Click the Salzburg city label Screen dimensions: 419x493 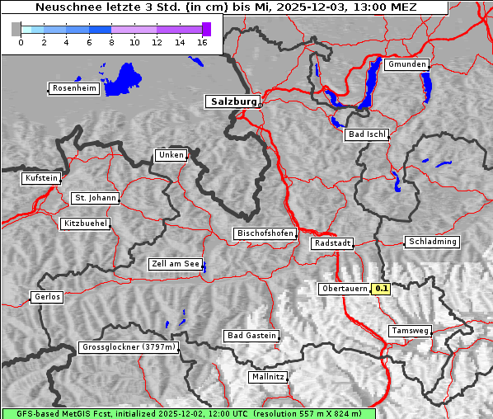(x=232, y=101)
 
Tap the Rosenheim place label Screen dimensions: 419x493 (x=73, y=88)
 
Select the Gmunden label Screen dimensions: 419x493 (x=406, y=64)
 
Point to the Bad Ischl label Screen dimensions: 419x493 (x=367, y=134)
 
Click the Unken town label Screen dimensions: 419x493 (x=170, y=155)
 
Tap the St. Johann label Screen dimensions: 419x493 (x=95, y=198)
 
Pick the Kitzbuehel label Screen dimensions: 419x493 (x=85, y=224)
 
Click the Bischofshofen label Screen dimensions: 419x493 (x=265, y=233)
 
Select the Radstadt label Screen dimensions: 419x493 (x=332, y=243)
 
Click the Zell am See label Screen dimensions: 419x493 (x=176, y=264)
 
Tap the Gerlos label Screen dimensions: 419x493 (x=47, y=297)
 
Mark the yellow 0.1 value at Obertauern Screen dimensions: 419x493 (x=382, y=289)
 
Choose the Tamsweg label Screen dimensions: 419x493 (x=410, y=331)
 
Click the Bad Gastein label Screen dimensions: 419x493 (x=251, y=336)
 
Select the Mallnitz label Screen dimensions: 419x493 (x=268, y=377)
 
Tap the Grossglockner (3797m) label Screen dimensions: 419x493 (x=129, y=348)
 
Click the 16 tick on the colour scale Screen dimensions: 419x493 (x=202, y=42)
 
